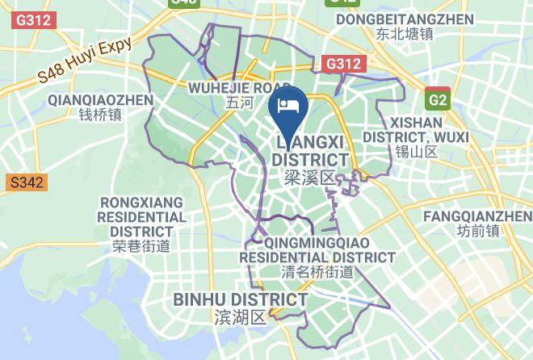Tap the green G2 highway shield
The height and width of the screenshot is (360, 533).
(438, 99)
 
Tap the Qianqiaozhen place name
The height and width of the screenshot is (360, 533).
(101, 99)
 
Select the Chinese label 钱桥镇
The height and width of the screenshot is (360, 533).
(100, 115)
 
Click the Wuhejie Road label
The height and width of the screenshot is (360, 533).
(239, 87)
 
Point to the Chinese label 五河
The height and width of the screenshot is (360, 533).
(240, 103)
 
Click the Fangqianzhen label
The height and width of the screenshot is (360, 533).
(477, 216)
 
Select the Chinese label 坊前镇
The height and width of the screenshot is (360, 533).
(477, 232)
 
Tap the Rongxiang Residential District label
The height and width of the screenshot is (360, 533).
(141, 216)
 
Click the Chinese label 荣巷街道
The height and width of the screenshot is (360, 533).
(141, 247)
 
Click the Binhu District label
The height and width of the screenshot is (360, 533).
(241, 300)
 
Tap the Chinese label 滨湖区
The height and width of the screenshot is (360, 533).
(240, 317)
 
